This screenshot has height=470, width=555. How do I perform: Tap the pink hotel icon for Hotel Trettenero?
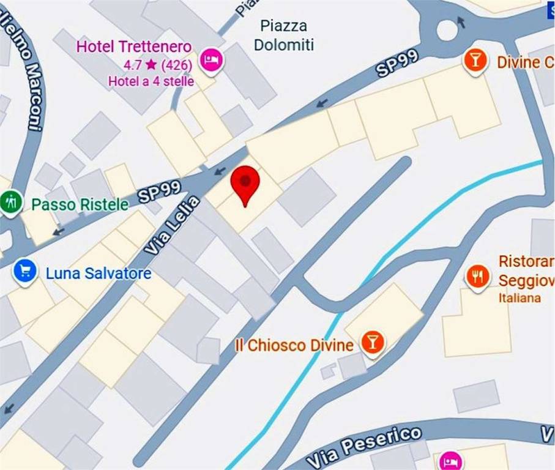tap(212, 60)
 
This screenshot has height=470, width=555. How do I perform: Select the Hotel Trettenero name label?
tap(133, 47)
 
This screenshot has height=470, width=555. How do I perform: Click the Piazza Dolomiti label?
tap(284, 35)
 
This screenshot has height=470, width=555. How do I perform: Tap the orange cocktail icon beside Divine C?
tap(474, 60)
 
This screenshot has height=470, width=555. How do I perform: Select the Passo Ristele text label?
tap(80, 204)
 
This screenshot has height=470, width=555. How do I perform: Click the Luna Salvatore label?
tap(99, 273)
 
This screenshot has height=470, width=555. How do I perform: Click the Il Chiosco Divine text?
tap(294, 345)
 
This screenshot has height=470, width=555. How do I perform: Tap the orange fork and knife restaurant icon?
tap(477, 277)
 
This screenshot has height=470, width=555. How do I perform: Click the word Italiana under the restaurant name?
tap(520, 298)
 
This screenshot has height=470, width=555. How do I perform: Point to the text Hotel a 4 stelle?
tap(151, 81)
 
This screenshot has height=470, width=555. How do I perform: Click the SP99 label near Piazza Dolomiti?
tap(398, 63)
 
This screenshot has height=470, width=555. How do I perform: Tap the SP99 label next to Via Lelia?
tap(159, 192)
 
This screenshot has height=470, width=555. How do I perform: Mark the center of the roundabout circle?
tap(448, 29)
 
